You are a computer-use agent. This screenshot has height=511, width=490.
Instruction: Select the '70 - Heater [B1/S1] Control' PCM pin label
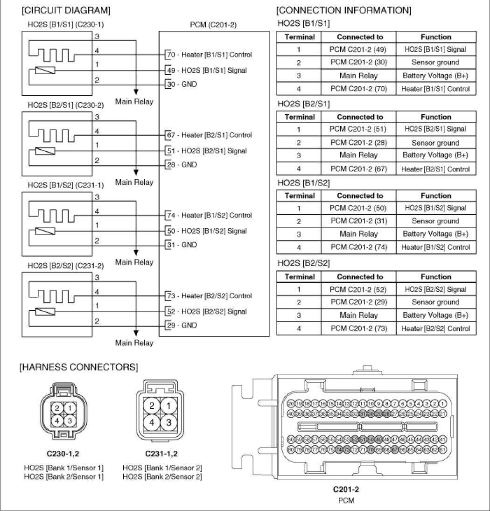210,55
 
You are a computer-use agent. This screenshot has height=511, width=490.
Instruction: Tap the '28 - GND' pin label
182,165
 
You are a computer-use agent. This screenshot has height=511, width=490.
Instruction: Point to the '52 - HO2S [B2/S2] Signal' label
207,311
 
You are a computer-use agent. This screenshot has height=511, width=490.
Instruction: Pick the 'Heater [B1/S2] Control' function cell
435,247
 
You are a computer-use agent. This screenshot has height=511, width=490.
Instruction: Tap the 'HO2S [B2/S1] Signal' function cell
435,129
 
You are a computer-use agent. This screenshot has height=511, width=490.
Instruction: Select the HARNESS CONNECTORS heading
79,367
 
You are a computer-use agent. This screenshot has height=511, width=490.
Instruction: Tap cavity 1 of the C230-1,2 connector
69,408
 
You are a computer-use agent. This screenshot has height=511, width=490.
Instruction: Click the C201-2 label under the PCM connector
345,490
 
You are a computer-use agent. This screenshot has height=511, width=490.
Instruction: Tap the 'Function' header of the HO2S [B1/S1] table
435,37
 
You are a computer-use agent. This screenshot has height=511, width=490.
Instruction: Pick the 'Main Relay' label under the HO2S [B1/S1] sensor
134,101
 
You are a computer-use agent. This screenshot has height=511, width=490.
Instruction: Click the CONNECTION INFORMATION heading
344,10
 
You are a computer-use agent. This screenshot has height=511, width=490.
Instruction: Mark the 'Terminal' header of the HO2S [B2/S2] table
300,277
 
